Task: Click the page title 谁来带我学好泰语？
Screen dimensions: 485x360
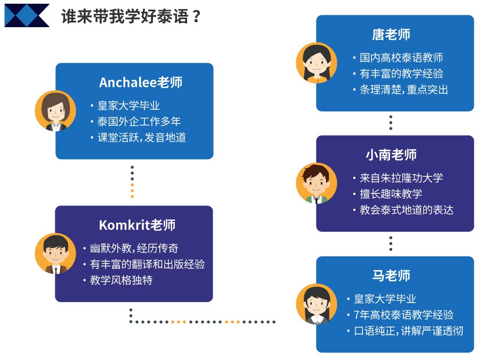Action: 131,17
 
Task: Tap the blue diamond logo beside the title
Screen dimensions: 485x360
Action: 27,15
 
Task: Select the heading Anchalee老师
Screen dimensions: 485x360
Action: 141,83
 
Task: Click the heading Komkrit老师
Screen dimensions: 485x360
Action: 137,225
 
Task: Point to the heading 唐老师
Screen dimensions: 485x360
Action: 391,34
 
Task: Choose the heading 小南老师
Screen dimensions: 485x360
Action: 391,154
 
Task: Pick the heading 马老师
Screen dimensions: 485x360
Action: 391,275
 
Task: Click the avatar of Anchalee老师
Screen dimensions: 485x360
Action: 55,111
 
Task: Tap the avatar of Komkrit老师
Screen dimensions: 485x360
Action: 55,253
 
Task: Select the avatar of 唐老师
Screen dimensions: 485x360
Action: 317,63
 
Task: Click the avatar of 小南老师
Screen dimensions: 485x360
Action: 317,183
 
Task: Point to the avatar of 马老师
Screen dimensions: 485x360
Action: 317,304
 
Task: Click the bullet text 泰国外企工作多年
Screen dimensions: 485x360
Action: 139,121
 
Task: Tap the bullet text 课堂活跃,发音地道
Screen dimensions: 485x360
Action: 142,137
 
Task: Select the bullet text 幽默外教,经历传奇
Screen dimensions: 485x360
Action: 134,248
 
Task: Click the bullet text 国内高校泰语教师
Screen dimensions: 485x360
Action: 401,58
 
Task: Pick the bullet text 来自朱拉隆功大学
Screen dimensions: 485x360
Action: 401,178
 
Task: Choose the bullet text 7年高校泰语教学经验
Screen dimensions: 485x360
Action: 403,315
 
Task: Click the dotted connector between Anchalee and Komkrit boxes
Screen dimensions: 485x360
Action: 132,182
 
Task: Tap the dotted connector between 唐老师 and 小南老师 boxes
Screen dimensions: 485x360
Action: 391,122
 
